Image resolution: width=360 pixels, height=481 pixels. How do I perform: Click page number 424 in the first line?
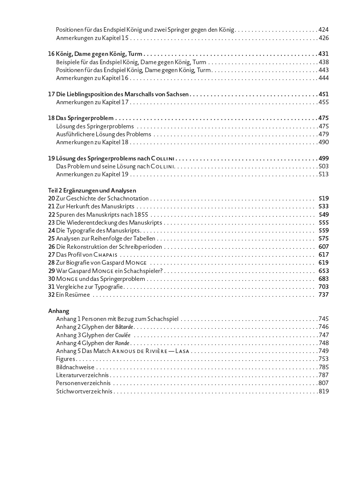tap(323, 29)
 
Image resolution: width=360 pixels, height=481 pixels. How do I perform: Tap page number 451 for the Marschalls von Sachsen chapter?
tap(323, 94)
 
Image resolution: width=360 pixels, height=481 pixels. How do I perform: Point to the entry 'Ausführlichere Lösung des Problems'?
tap(103, 134)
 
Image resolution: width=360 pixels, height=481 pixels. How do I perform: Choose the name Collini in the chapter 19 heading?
tap(163, 159)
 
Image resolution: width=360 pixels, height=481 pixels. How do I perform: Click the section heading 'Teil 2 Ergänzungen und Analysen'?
tap(92, 190)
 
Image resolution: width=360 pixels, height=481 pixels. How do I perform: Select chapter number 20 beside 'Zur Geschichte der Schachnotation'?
tap(51, 198)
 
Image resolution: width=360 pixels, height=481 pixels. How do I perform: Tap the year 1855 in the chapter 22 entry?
tap(141, 214)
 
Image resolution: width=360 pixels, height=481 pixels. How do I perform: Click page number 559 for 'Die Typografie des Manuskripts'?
tap(323, 230)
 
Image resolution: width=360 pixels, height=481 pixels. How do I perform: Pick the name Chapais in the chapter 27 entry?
tap(105, 255)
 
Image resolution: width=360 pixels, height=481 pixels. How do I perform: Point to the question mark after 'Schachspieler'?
tap(161, 271)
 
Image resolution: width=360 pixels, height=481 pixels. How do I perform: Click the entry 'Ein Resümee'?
tap(73, 294)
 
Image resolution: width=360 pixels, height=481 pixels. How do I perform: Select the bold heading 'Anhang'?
tap(58, 311)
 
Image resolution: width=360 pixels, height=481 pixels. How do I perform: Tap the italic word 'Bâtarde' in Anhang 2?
tap(124, 327)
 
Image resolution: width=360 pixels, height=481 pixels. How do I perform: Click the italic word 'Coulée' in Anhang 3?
tap(123, 335)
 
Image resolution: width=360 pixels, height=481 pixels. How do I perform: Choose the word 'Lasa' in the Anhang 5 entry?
tap(182, 351)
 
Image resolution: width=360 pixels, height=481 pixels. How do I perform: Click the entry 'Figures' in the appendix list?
tap(65, 359)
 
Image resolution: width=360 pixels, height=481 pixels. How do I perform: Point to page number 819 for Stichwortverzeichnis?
tap(323, 391)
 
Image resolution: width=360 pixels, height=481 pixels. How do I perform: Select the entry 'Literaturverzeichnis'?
tap(82, 375)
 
